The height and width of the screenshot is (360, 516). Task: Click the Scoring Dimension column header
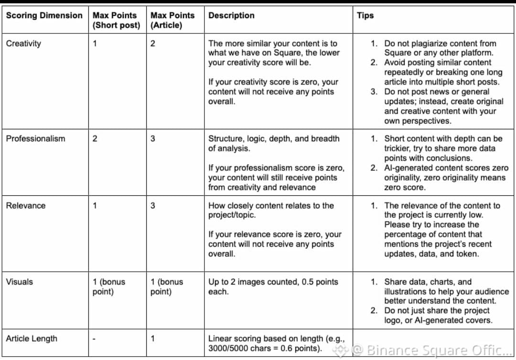coord(44,15)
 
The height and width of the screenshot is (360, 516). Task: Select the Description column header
coord(231,15)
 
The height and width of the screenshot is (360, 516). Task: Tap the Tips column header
coord(365,15)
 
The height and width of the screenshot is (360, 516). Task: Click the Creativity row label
coord(23,43)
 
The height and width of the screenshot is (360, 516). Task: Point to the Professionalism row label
coord(35,138)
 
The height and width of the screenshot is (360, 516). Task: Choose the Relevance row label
coord(25,205)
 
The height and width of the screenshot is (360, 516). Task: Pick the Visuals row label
coord(20,282)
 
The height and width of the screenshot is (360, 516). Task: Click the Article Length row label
coord(32,339)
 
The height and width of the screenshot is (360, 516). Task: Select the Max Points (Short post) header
coord(116,20)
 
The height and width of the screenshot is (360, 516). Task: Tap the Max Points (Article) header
coord(172,20)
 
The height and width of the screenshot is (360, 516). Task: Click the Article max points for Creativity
coord(153,43)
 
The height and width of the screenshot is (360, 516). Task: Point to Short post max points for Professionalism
coord(95,138)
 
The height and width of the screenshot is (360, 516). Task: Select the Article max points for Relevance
coord(153,205)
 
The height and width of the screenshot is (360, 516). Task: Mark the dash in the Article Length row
coord(94,339)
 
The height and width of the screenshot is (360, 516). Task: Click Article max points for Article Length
coord(152,339)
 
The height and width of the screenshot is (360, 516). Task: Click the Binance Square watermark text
coord(430,350)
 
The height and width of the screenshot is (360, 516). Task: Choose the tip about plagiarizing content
coord(440,48)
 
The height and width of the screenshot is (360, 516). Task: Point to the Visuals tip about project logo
coord(438,315)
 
